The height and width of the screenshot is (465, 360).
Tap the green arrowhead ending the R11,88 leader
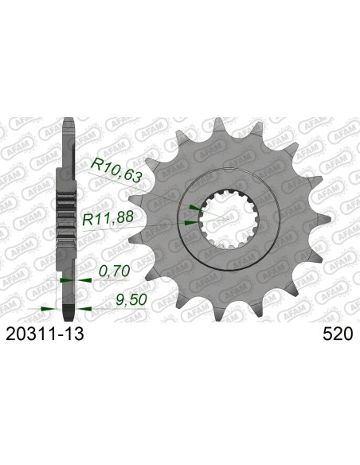[x=189, y=224]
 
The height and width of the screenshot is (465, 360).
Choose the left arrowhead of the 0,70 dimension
[x=62, y=281]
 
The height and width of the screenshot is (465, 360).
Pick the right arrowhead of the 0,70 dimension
[x=77, y=281]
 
